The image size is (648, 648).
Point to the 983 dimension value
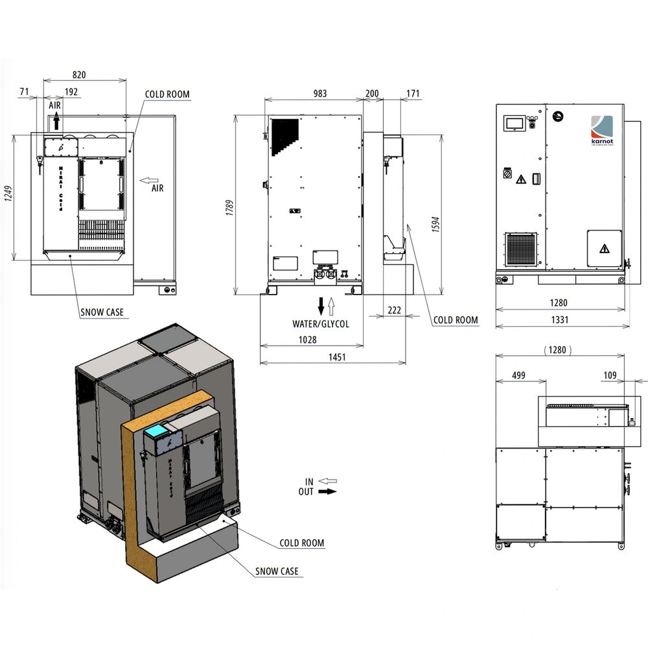coord(320,94)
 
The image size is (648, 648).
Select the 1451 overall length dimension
coord(336,357)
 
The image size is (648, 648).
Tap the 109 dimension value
coord(610,375)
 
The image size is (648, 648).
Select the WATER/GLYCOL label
coord(320,324)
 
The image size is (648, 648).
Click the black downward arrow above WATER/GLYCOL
coord(320,304)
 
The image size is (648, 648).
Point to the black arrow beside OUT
coord(328,491)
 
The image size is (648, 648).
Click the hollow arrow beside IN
coord(328,481)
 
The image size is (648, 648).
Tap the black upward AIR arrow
coord(56,120)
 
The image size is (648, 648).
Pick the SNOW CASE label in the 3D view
coord(277,571)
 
